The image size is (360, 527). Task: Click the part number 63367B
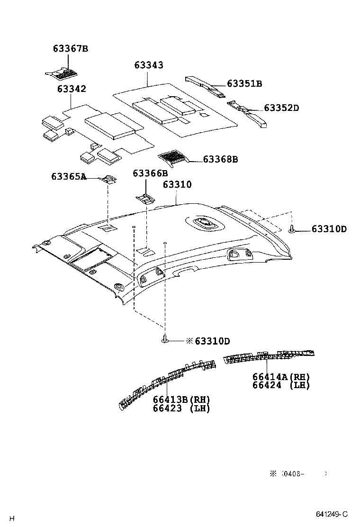tap(71, 49)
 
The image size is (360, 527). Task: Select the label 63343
tap(148, 65)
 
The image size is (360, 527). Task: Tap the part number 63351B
tap(244, 84)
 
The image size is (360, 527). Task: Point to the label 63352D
tap(281, 108)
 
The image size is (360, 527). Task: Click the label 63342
tap(72, 89)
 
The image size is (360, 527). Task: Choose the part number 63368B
tap(220, 159)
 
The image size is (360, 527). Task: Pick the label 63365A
tap(69, 177)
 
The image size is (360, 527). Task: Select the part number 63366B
tap(150, 173)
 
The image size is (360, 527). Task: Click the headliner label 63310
tap(177, 184)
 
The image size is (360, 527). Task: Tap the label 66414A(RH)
tap(281, 377)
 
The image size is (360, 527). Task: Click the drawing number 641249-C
tap(332, 514)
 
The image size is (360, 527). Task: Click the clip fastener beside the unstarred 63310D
tap(292, 230)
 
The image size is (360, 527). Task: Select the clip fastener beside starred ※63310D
tap(165, 339)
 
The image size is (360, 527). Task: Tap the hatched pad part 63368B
tap(173, 157)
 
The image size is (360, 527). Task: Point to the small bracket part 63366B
tap(145, 198)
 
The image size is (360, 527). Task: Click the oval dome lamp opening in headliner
tap(206, 223)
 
